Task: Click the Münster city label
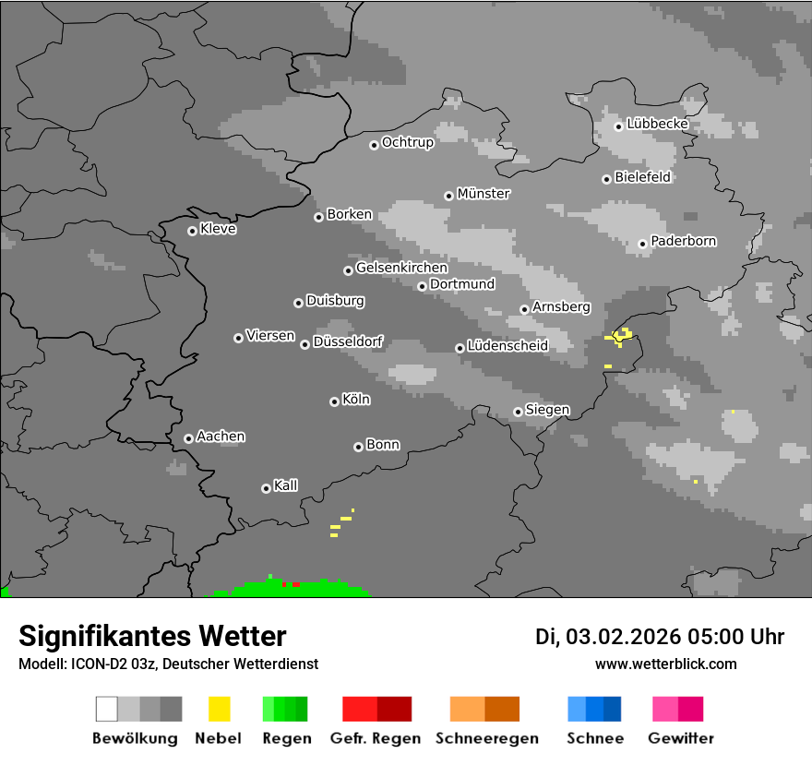[484, 194]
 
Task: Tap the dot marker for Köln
[334, 401]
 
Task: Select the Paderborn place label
[684, 242]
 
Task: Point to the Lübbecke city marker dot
[618, 126]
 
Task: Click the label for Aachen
[221, 437]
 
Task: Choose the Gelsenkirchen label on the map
[401, 269]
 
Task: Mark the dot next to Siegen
[518, 413]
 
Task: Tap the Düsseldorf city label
[348, 342]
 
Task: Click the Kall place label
[286, 485]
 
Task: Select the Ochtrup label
[408, 143]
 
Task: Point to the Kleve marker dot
[192, 231]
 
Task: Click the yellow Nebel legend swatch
[219, 709]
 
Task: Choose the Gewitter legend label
[681, 738]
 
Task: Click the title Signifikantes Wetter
[152, 636]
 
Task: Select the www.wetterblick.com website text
[666, 664]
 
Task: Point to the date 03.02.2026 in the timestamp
[623, 637]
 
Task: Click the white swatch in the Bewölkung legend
[106, 709]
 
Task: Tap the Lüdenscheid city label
[507, 346]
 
